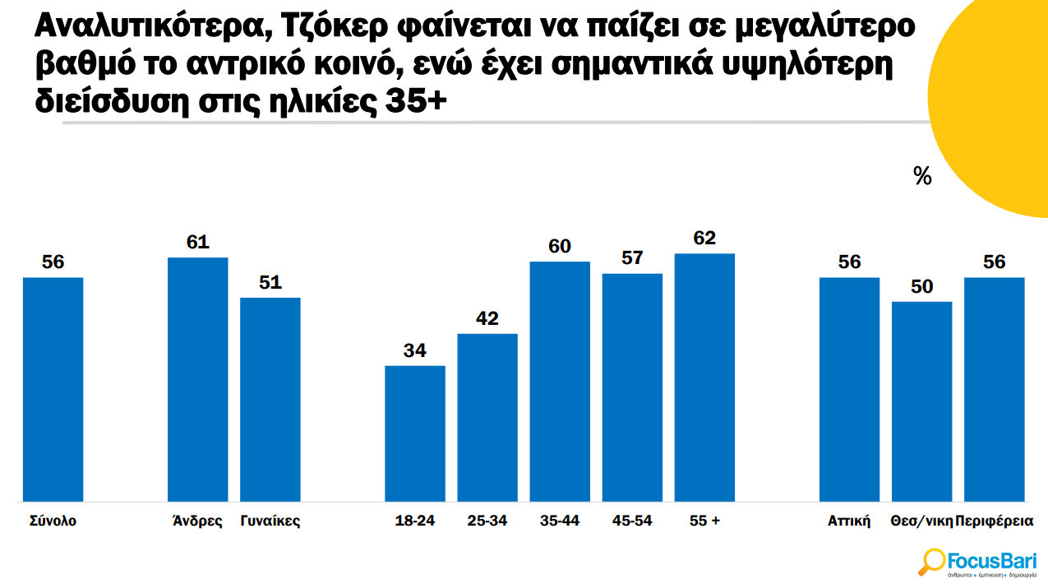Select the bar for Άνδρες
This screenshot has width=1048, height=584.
[x=197, y=379]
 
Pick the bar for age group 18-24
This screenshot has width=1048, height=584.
[x=415, y=433]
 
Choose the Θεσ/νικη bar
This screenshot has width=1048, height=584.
[x=921, y=401]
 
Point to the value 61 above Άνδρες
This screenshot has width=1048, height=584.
[x=198, y=242]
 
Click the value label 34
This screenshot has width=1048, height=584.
[x=415, y=350]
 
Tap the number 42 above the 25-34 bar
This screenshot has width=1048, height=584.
[x=487, y=318]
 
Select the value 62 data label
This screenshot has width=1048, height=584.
[x=704, y=238]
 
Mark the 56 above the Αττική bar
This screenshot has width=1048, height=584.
[x=849, y=262]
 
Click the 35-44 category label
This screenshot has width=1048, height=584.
[x=560, y=521]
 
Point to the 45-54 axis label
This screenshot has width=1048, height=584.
[x=632, y=521]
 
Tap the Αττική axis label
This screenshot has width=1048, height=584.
[x=849, y=521]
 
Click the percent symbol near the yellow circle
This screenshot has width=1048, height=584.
[x=922, y=176]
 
